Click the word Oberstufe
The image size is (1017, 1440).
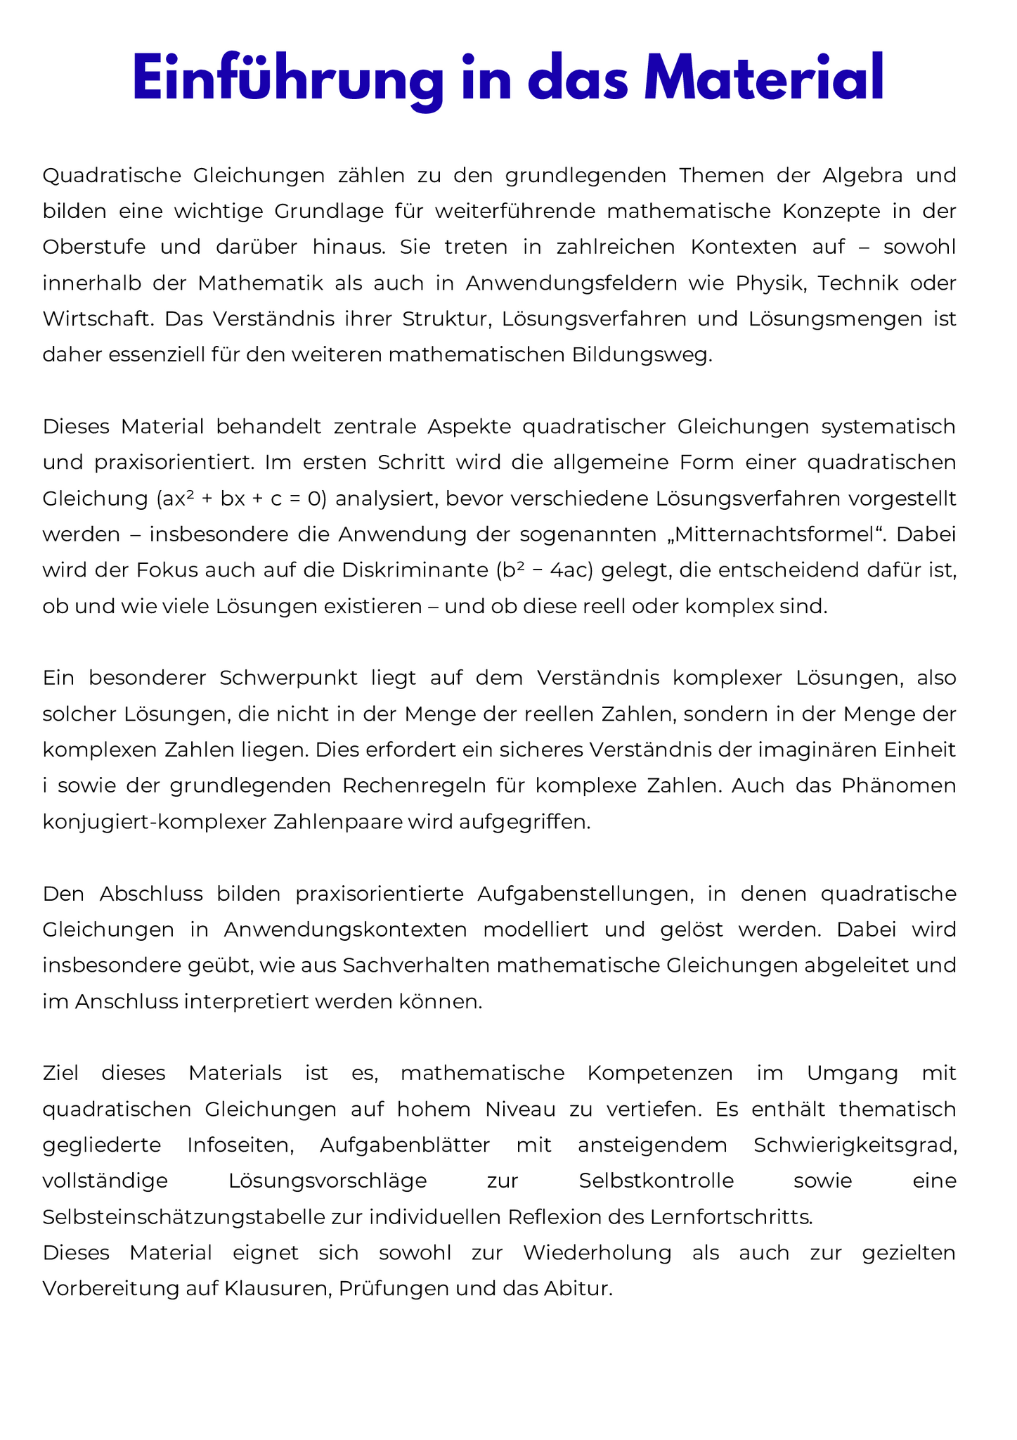click(x=94, y=247)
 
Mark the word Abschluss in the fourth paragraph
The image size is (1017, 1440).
click(x=151, y=894)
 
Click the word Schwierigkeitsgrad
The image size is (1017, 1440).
click(x=855, y=1145)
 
